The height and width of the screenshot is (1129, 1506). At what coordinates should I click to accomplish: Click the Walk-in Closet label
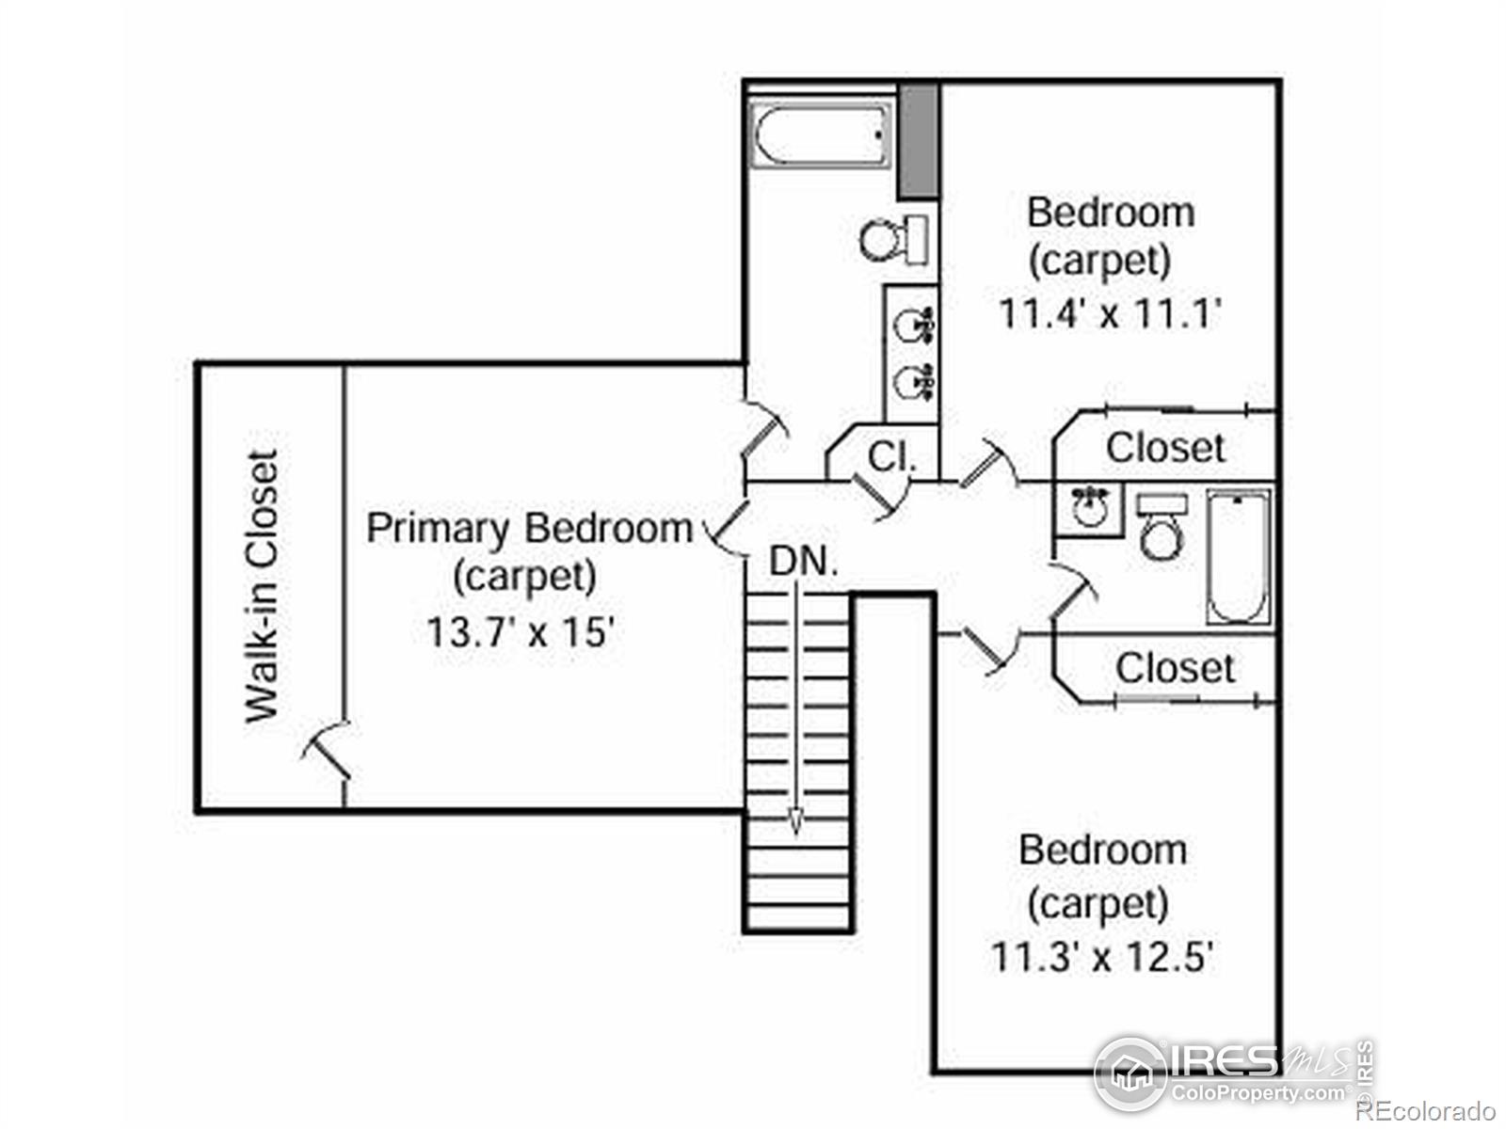(262, 586)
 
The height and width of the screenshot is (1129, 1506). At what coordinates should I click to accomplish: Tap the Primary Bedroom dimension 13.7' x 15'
(520, 631)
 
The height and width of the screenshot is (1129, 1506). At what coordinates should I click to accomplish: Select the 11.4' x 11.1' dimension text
(1110, 314)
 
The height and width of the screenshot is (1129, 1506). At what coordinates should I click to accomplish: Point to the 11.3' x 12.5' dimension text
(1102, 956)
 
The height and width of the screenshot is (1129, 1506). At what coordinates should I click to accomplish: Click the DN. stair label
(804, 562)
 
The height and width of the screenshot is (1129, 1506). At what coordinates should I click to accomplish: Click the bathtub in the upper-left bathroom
(820, 135)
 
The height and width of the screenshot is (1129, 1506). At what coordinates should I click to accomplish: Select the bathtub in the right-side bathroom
(1239, 557)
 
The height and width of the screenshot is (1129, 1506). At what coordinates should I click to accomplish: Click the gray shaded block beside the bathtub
(919, 142)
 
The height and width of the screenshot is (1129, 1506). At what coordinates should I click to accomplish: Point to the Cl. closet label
(892, 456)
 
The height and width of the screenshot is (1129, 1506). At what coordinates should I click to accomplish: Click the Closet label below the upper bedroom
(1165, 449)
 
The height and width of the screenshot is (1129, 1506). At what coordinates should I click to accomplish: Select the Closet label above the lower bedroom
(1176, 668)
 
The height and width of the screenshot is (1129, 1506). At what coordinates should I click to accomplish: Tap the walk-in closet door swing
(328, 750)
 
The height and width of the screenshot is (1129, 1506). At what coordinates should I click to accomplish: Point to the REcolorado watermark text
(1426, 1110)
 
